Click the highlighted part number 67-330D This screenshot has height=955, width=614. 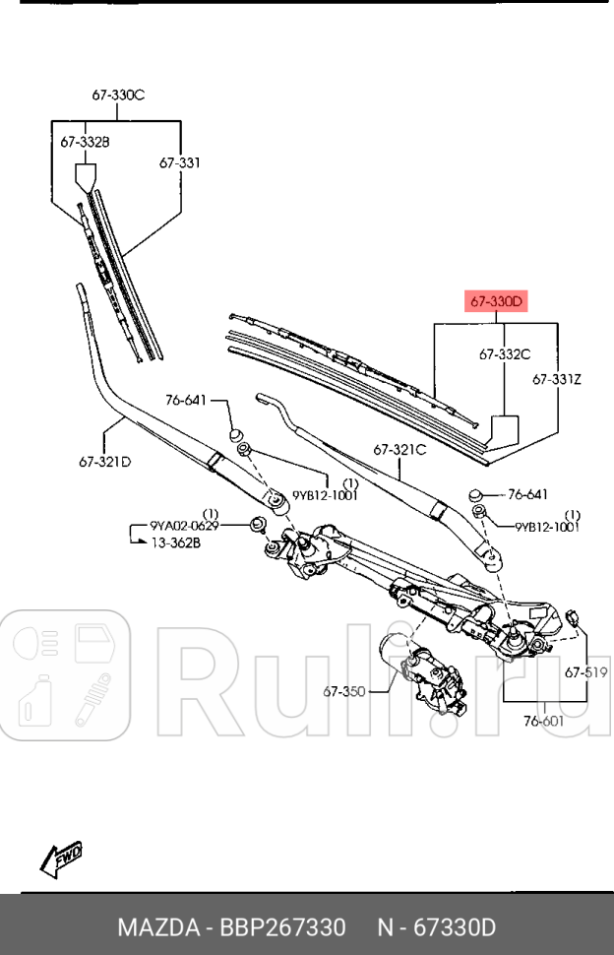[497, 300]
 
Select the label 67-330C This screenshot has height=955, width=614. [118, 95]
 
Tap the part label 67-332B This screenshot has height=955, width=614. [85, 142]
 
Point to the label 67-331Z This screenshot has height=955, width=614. [558, 378]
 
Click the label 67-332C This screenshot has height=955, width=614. [505, 353]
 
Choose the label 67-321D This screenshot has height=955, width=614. [105, 460]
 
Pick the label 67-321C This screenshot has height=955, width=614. [399, 449]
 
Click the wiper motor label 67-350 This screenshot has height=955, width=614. [343, 691]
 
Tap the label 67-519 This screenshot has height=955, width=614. [585, 672]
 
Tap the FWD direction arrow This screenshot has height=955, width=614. [60, 859]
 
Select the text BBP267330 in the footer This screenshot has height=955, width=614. [282, 927]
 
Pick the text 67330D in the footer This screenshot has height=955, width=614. [455, 927]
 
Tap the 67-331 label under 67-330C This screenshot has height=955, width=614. [180, 162]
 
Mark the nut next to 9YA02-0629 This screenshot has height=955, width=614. [259, 524]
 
